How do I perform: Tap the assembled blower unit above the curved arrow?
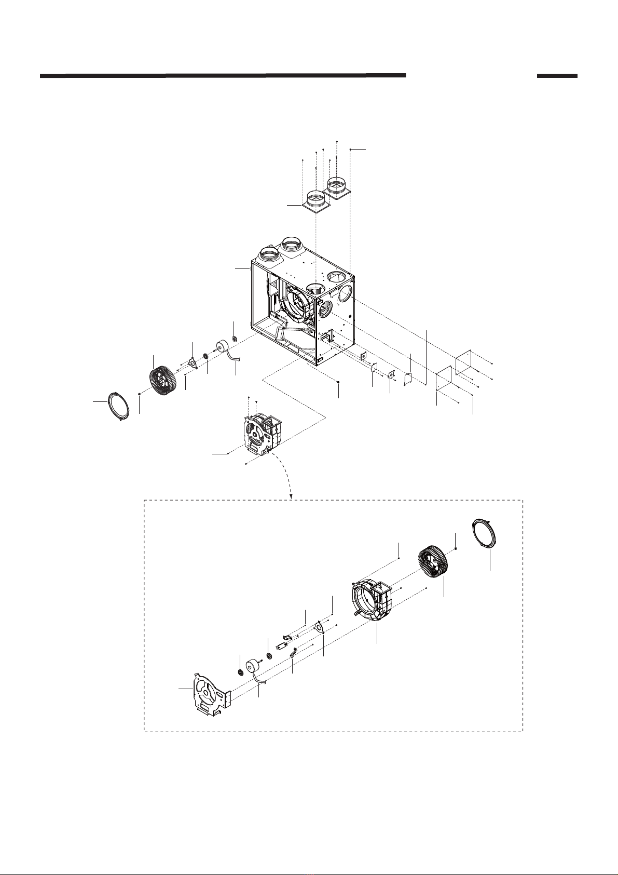click(x=262, y=428)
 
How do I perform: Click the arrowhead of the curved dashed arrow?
click(x=292, y=495)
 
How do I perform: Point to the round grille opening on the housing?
click(x=324, y=311)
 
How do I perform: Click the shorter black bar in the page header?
click(x=557, y=76)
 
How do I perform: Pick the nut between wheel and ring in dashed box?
click(x=455, y=548)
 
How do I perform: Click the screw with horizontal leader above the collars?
click(x=350, y=150)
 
